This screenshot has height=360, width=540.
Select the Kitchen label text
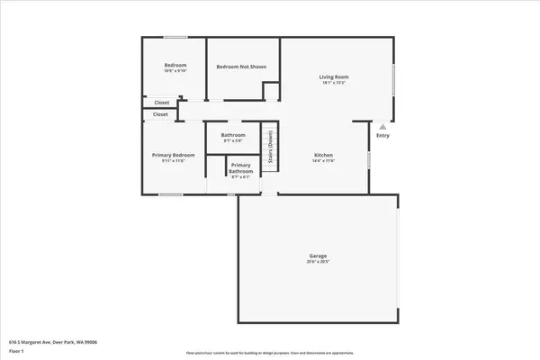click(x=323, y=155)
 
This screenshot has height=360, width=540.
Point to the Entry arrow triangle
click(x=382, y=127)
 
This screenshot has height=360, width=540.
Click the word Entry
click(x=383, y=136)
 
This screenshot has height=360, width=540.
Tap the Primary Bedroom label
click(x=173, y=155)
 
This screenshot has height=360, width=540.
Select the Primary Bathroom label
click(x=240, y=168)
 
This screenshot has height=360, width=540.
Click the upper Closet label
click(x=161, y=103)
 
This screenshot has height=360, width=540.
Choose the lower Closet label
click(x=160, y=114)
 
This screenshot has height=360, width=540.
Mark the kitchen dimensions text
click(x=323, y=161)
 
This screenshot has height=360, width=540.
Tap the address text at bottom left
click(x=53, y=342)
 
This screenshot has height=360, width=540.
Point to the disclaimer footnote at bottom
click(x=270, y=353)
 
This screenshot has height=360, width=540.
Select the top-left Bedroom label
click(x=175, y=66)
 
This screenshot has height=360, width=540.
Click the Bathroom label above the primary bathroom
click(x=233, y=135)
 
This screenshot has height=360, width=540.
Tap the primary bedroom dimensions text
click(x=173, y=161)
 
